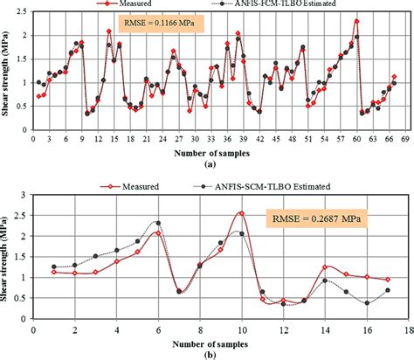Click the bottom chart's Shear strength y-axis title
[8, 257]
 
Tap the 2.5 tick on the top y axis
[23, 11]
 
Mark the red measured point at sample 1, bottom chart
[54, 272]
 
